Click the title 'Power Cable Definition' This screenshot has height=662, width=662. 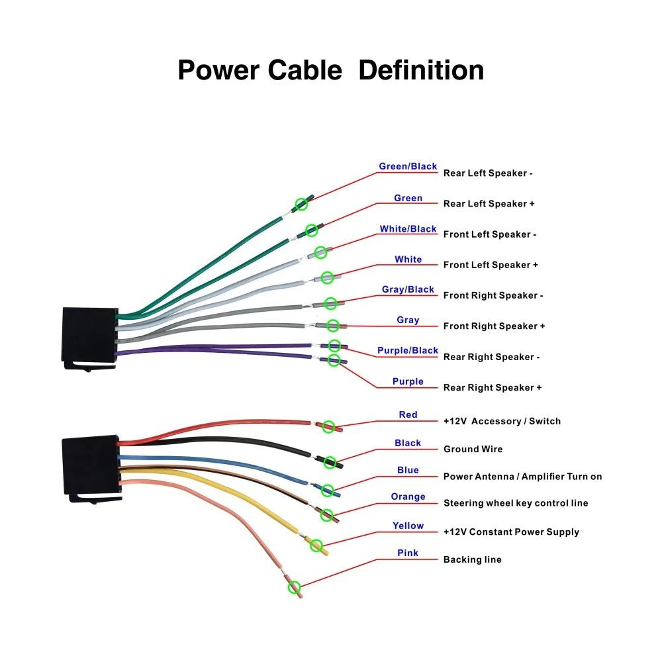pyautogui.click(x=330, y=70)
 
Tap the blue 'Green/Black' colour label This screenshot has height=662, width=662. pyautogui.click(x=408, y=166)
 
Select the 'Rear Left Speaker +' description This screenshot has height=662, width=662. pyautogui.click(x=489, y=204)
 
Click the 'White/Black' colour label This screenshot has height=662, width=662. pyautogui.click(x=408, y=229)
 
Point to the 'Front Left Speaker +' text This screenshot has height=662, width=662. pyautogui.click(x=491, y=265)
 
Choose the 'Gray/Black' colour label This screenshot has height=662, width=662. pyautogui.click(x=408, y=289)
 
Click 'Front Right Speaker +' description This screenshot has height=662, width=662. pyautogui.click(x=495, y=326)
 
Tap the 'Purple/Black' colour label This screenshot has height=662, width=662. pyautogui.click(x=408, y=350)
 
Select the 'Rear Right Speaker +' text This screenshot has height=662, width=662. pyautogui.click(x=493, y=387)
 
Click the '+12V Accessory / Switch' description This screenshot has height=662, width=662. pyautogui.click(x=502, y=421)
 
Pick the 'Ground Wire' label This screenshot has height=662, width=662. pyautogui.click(x=473, y=449)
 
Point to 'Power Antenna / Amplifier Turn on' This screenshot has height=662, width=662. pyautogui.click(x=522, y=477)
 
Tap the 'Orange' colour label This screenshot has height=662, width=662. pyautogui.click(x=408, y=496)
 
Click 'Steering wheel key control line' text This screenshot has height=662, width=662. pyautogui.click(x=516, y=503)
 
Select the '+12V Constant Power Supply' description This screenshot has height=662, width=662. pyautogui.click(x=511, y=532)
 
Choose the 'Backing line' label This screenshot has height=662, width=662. pyautogui.click(x=472, y=559)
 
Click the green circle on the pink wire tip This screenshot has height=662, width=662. pyautogui.click(x=295, y=587)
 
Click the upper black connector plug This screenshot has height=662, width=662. pyautogui.click(x=89, y=336)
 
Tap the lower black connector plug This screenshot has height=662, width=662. pyautogui.click(x=89, y=466)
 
